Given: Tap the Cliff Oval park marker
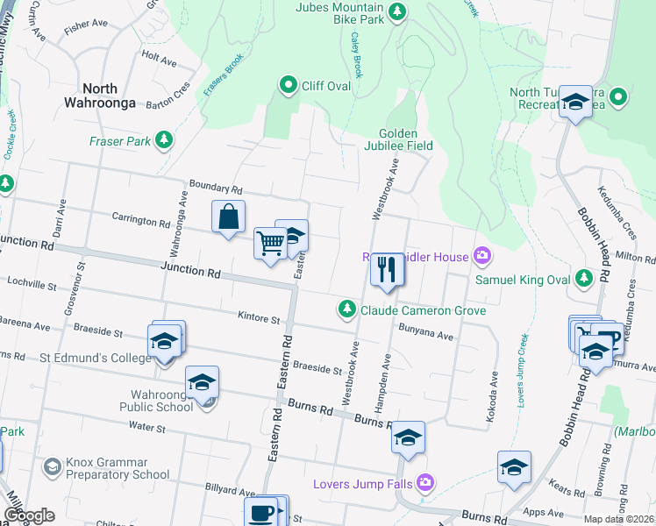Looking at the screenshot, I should tap(287, 85).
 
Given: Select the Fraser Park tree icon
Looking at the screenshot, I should tap(163, 139).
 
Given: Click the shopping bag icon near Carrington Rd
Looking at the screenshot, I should tap(228, 217).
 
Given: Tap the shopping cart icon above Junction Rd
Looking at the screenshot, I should tap(270, 242).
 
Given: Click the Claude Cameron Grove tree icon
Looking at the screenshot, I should tap(347, 309).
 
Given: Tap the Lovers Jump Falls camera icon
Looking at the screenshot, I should tap(425, 482).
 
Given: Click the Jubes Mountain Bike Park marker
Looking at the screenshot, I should tap(398, 11).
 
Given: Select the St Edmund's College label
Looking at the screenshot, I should tap(96, 358).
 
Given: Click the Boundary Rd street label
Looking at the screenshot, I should tap(215, 188).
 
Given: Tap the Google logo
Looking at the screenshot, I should tap(29, 515).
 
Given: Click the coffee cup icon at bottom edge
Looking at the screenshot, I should tap(261, 513).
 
